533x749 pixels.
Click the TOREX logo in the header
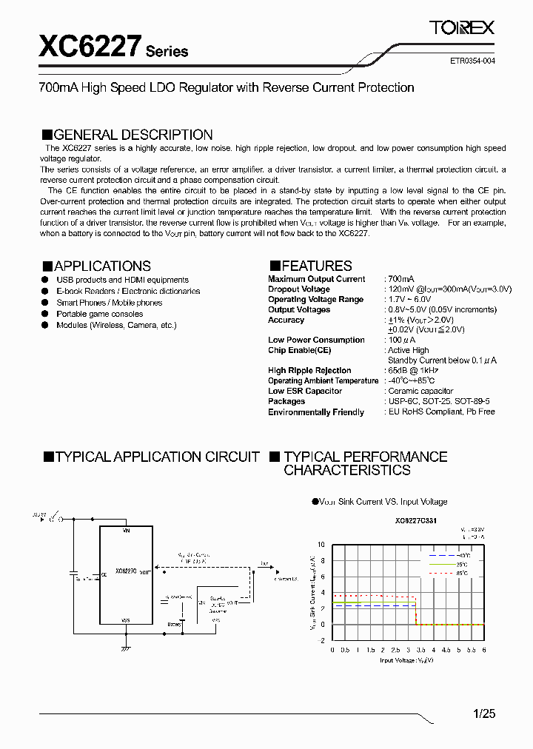(x=462, y=28)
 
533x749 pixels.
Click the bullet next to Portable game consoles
(x=45, y=314)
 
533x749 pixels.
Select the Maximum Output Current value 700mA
(x=401, y=279)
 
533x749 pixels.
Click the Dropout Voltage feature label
(x=299, y=289)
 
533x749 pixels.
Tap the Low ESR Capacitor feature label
(x=305, y=391)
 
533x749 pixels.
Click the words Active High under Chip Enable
(x=409, y=350)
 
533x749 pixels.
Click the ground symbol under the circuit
(x=126, y=648)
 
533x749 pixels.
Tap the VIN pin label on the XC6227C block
(x=126, y=531)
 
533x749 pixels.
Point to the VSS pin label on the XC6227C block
(x=126, y=620)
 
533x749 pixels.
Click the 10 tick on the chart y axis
(x=321, y=545)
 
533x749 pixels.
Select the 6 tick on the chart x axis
(x=483, y=649)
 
